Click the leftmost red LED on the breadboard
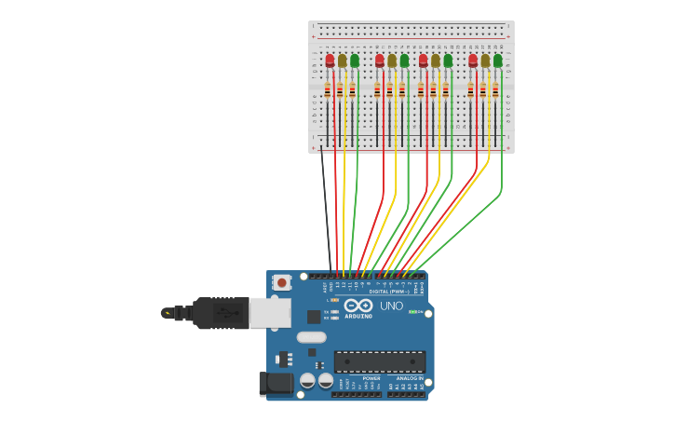click(x=330, y=61)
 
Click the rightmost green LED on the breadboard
click(x=498, y=61)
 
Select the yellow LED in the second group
click(x=392, y=61)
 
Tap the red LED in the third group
click(x=424, y=61)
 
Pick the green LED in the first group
click(x=355, y=61)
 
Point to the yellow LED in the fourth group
click(x=485, y=61)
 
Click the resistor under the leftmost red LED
click(x=328, y=90)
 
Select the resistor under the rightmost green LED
click(x=495, y=90)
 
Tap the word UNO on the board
click(x=392, y=306)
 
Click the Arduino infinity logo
click(x=358, y=306)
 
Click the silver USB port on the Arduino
click(x=270, y=313)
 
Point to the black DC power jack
click(x=276, y=382)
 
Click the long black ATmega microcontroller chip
click(x=380, y=361)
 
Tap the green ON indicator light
click(x=412, y=311)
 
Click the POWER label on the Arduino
click(x=358, y=378)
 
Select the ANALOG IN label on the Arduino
click(x=409, y=378)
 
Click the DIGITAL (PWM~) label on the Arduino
click(x=389, y=292)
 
